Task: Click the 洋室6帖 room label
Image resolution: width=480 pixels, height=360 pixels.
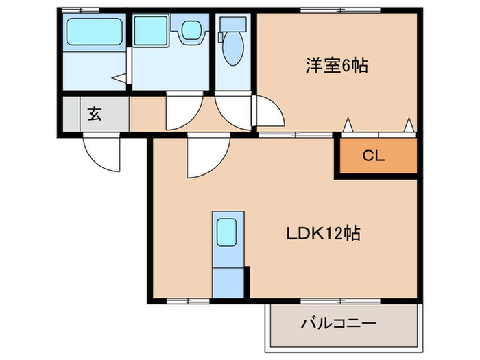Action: [337, 66]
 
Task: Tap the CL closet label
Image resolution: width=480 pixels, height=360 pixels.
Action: [374, 156]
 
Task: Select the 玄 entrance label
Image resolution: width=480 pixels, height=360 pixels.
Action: [95, 114]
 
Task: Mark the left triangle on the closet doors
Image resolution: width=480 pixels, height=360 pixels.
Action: [348, 125]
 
